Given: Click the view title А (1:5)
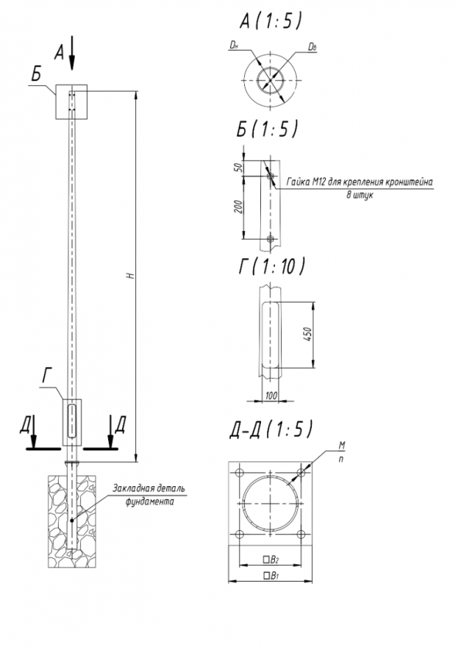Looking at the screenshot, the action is tap(270, 21).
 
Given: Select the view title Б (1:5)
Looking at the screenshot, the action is tap(267, 129).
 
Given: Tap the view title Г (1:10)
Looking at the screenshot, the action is tap(271, 265).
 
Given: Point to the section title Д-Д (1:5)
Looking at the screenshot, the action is tap(271, 429).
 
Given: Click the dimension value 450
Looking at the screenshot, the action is tap(308, 335).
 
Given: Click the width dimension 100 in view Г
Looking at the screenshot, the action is tap(271, 396).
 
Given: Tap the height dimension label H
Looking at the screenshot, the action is tap(132, 275).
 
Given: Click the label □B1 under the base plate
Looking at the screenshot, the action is tap(271, 576).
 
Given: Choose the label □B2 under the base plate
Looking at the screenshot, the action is tap(271, 560).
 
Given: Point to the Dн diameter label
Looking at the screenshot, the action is tap(234, 46).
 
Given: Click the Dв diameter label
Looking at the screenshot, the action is tap(312, 46).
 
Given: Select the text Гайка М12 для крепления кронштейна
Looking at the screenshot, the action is tap(360, 182).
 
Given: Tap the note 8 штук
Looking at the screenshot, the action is tap(360, 194).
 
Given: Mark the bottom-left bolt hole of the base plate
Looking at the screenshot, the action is tap(240, 535).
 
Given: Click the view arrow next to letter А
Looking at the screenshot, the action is tap(72, 53).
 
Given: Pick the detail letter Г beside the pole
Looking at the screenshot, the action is tap(47, 377).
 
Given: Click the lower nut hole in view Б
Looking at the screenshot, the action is tap(271, 239).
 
